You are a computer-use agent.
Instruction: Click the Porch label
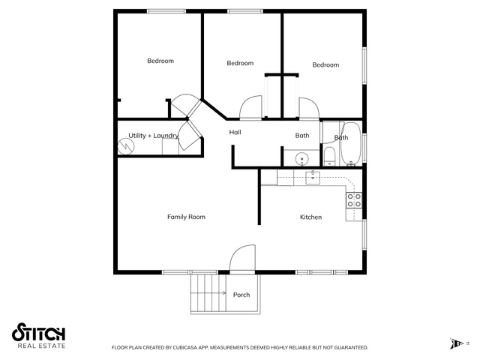coord(241,295)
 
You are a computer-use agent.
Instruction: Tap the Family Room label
coord(186,217)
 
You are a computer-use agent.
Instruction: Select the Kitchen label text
coord(310,217)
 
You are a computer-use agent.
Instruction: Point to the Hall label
coord(235,132)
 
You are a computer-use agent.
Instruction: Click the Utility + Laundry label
coord(153,136)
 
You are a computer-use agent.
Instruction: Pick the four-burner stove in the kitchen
coord(354,200)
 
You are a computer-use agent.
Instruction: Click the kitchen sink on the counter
coord(313,178)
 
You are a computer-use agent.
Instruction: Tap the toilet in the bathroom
coord(330,156)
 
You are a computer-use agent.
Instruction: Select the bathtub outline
coord(351,144)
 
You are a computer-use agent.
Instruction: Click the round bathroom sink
coord(302,160)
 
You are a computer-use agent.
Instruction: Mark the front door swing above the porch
coord(242,258)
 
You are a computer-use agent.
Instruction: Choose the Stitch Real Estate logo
coord(38,335)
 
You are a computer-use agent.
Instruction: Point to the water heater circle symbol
coord(126,147)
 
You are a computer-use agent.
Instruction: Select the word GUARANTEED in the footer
coord(351,347)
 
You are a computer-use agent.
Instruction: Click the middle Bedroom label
coord(240,63)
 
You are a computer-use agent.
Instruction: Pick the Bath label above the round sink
coord(302,135)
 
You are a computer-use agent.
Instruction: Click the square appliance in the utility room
coord(170,147)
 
